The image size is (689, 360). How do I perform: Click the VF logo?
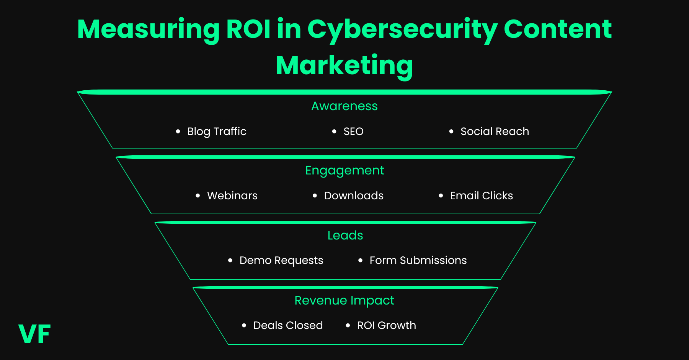click(34, 334)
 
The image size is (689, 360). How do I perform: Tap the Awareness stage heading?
click(344, 106)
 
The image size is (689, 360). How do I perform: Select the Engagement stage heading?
click(344, 170)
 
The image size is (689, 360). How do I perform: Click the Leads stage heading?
click(345, 235)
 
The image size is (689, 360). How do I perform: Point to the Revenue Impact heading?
click(344, 300)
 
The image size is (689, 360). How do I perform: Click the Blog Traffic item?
click(217, 131)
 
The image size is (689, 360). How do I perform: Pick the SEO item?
click(353, 131)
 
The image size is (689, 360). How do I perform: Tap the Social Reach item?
click(495, 131)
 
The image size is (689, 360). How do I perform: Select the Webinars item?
click(232, 195)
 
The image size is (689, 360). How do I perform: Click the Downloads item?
click(354, 195)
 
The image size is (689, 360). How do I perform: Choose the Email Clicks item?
click(481, 195)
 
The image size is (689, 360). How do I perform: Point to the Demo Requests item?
click(281, 260)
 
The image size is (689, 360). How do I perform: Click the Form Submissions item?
click(418, 260)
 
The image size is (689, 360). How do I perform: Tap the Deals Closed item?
click(288, 325)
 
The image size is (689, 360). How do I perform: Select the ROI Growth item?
click(386, 325)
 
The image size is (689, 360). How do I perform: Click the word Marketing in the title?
click(344, 65)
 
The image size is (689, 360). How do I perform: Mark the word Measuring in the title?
click(148, 29)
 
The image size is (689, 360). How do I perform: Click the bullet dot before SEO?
click(334, 131)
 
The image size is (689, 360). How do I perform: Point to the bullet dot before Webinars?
click(198, 195)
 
